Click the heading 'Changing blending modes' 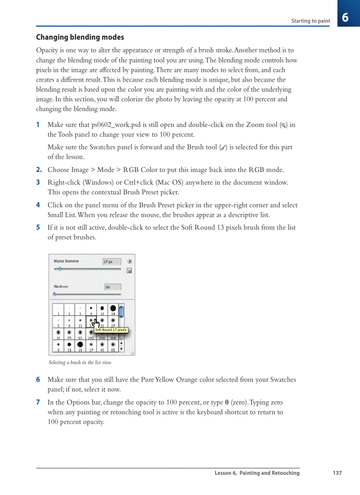pos(80,37)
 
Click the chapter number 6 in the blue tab pos(345,18)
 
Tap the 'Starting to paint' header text pos(311,21)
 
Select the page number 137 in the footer pos(337,473)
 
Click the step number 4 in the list pos(38,205)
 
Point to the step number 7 pos(38,402)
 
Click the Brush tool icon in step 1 pos(223,148)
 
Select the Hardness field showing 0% pos(112,287)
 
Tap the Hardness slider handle pos(55,294)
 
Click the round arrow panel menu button pos(130,261)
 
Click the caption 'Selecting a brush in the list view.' pos(80,363)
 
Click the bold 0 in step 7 pos(227,402)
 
